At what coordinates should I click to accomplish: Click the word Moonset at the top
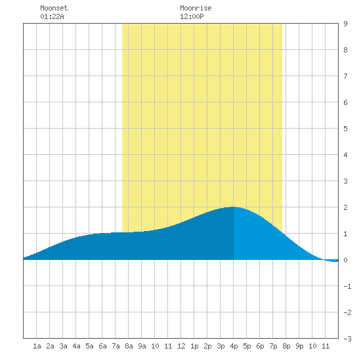click(x=54, y=8)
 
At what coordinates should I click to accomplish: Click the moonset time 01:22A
click(x=52, y=16)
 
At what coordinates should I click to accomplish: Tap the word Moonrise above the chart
click(x=196, y=8)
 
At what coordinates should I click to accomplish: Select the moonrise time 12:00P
click(x=192, y=16)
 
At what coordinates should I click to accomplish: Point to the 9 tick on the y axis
click(x=345, y=24)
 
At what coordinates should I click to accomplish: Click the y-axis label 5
click(x=345, y=129)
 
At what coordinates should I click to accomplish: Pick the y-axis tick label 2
click(x=345, y=207)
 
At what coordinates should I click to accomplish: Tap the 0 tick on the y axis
click(x=345, y=260)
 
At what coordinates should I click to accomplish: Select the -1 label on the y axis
click(x=347, y=286)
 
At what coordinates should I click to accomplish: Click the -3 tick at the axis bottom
click(x=347, y=339)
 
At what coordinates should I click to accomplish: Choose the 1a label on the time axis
click(x=37, y=346)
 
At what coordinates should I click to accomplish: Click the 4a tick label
click(x=76, y=346)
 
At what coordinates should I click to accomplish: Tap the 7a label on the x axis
click(x=116, y=346)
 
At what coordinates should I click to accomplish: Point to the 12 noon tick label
click(x=181, y=346)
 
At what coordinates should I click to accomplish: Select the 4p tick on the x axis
click(x=234, y=346)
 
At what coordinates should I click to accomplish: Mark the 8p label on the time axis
click(x=286, y=346)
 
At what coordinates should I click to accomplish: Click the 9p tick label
click(x=299, y=346)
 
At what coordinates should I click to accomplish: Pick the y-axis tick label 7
click(x=345, y=76)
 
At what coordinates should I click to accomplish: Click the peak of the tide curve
click(x=233, y=207)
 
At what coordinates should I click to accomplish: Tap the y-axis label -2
click(x=347, y=312)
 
